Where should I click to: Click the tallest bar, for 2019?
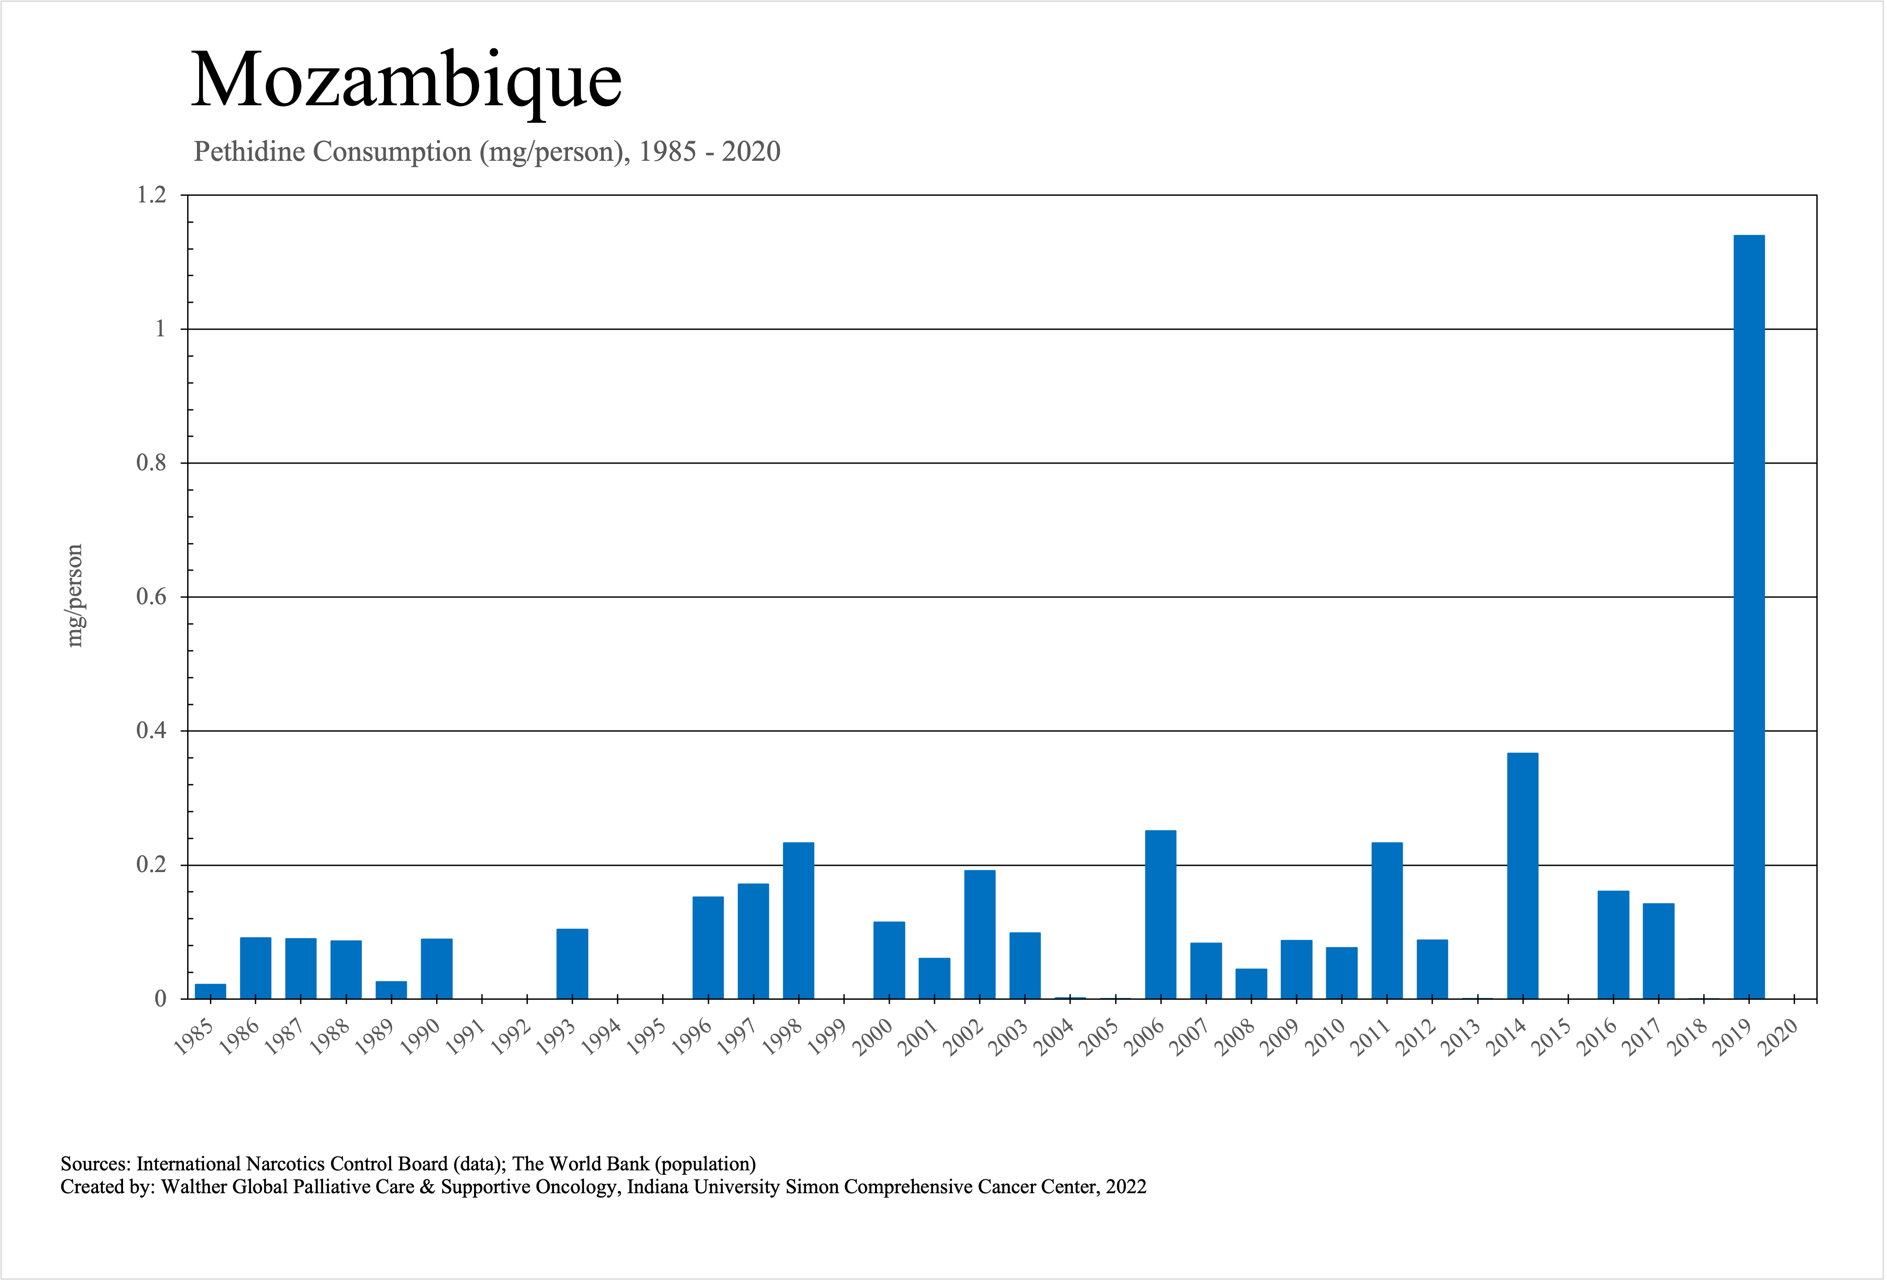(x=1749, y=617)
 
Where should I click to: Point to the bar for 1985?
(x=210, y=991)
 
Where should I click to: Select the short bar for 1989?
(x=391, y=990)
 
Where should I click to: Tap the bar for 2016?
(x=1614, y=945)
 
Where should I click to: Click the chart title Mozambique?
(x=406, y=81)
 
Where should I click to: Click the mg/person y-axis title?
(x=75, y=595)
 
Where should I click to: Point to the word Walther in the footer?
(x=194, y=1187)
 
